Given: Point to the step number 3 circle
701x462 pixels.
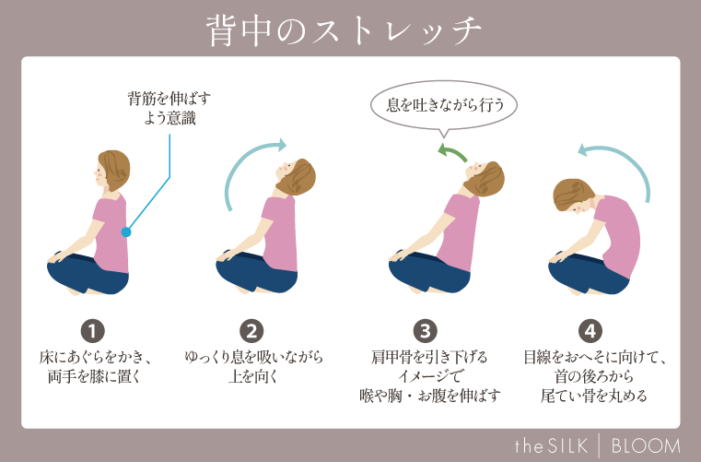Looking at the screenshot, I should (x=424, y=330).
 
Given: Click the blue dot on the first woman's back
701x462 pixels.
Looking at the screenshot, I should (x=126, y=232).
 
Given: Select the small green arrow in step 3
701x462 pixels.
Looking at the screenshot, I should (x=451, y=151).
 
